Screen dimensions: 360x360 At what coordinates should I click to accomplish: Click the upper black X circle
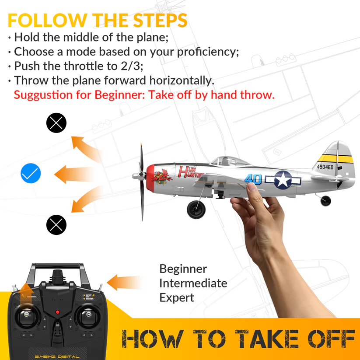[56, 123]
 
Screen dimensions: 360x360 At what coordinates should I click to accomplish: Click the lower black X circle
[56, 225]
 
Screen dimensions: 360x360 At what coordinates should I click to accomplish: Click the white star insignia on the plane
[283, 180]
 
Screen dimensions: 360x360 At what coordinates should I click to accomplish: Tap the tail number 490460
[325, 167]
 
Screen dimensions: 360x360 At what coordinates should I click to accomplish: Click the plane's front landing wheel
[196, 210]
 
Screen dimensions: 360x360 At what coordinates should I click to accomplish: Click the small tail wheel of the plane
[326, 201]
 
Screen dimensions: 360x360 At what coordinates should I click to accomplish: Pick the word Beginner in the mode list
[183, 269]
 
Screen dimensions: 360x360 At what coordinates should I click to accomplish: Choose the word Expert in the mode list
[177, 298]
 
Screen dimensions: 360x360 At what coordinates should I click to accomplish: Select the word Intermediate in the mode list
[193, 283]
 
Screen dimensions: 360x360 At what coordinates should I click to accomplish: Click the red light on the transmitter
[57, 312]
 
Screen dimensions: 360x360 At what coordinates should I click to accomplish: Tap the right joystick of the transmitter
[88, 315]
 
